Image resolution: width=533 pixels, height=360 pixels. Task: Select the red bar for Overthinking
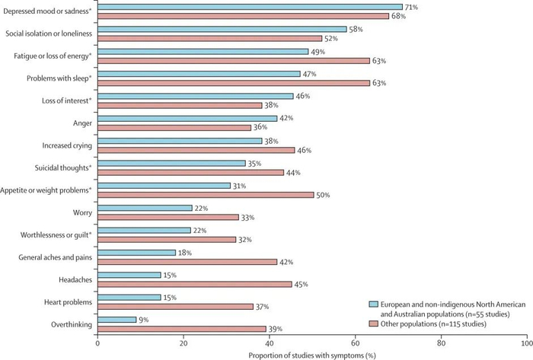tap(181, 329)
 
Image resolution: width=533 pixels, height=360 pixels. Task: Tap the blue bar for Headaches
tap(129, 275)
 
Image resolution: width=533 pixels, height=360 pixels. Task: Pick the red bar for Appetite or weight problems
tap(205, 195)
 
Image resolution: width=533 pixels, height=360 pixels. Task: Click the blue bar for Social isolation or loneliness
tap(222, 29)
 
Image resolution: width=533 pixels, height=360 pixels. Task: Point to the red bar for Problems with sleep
tap(233, 82)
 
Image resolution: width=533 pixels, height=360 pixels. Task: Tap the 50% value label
tap(324, 195)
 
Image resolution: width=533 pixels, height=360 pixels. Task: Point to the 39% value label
tap(276, 329)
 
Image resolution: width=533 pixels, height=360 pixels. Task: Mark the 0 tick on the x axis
tap(97, 344)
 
